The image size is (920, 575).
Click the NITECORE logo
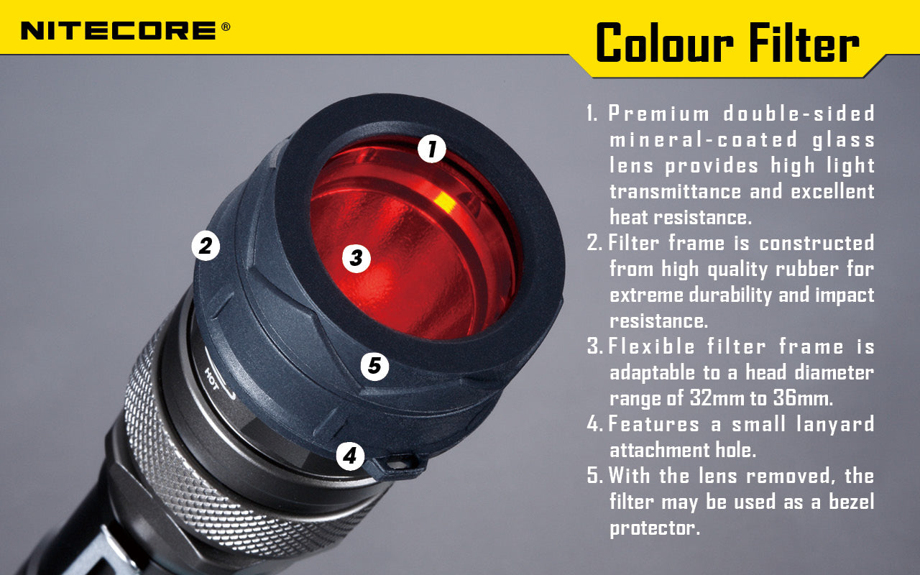[119, 30]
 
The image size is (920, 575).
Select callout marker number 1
[431, 149]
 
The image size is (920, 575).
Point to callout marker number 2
[206, 247]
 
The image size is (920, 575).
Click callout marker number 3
[356, 257]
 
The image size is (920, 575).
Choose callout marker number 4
[350, 455]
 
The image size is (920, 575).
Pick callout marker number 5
[374, 367]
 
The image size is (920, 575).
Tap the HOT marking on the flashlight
[213, 374]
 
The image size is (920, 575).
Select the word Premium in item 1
[659, 114]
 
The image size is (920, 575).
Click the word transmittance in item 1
[675, 192]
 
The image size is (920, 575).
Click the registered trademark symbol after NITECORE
[226, 27]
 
